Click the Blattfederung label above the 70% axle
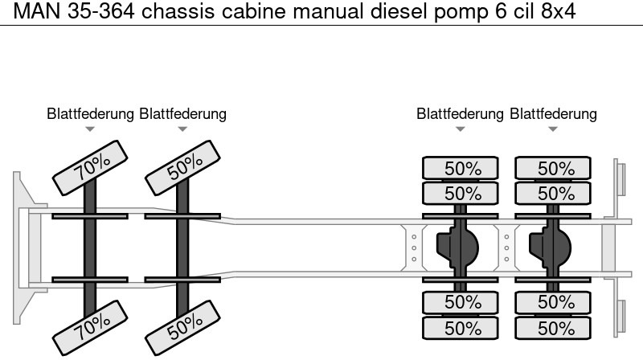(90, 114)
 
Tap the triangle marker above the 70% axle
(90, 129)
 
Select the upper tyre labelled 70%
(89, 166)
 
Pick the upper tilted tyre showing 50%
(182, 166)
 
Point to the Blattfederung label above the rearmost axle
(553, 114)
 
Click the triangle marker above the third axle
(460, 129)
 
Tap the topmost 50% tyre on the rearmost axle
(553, 169)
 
